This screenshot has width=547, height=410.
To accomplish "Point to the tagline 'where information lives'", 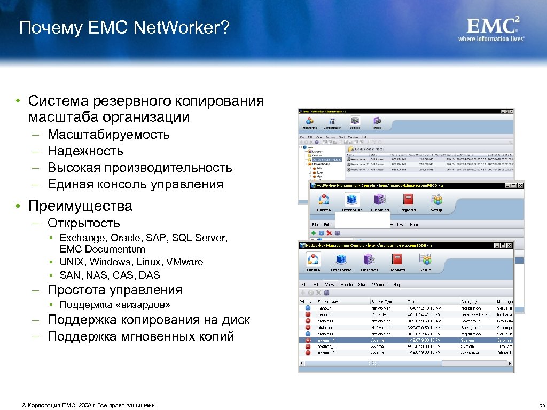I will [491, 38].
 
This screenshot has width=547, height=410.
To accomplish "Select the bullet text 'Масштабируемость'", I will [108, 135].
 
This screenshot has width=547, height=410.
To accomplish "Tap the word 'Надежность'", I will [85, 151].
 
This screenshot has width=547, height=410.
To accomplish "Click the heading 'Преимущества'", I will [80, 206].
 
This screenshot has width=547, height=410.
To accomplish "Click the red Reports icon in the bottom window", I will [397, 259].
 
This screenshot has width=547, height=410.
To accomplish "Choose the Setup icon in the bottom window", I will [425, 259].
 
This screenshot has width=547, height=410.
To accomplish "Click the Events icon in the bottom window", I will [313, 259].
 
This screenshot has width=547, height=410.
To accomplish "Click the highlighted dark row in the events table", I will [406, 340].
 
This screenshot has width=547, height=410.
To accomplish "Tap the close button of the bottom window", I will [509, 245].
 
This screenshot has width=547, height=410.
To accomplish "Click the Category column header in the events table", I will [470, 301].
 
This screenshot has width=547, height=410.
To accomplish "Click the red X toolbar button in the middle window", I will [330, 233].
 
